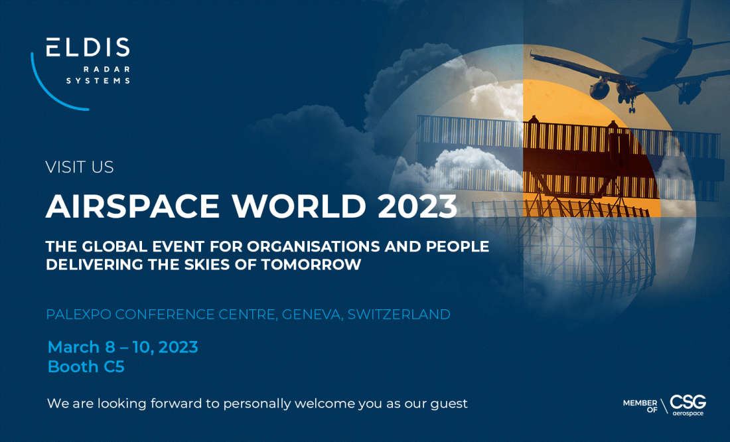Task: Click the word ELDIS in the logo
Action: tap(88, 48)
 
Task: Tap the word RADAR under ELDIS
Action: tap(107, 70)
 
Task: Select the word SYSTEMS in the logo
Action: tap(98, 80)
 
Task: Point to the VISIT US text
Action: tap(80, 167)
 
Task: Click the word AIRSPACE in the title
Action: tap(133, 206)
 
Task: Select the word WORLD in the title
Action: tap(299, 206)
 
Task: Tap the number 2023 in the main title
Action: tap(417, 206)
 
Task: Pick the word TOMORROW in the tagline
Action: tap(311, 265)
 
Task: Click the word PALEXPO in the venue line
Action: tap(79, 315)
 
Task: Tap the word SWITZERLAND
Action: tap(399, 315)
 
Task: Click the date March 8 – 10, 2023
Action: tap(123, 347)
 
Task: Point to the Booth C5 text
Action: tap(86, 366)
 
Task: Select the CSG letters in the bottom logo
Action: tap(688, 402)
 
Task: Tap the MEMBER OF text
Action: tap(640, 405)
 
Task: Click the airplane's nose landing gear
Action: tap(632, 106)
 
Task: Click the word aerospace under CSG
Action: tap(688, 413)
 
